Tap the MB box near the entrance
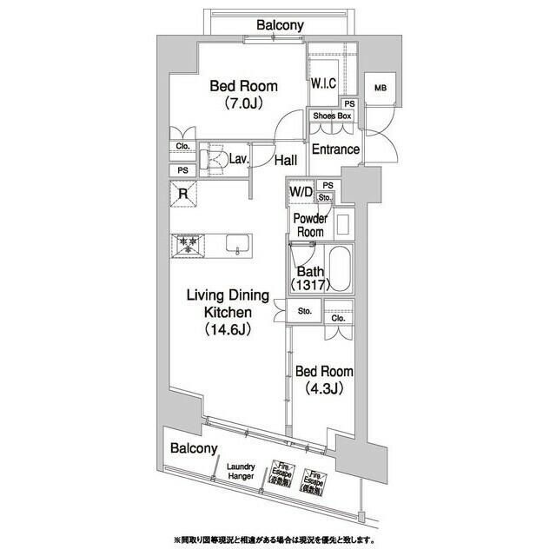(380, 89)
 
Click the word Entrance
(335, 149)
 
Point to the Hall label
(286, 161)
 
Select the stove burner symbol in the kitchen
(186, 245)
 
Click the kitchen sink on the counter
(236, 245)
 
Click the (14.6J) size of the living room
(229, 329)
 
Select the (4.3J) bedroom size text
(323, 387)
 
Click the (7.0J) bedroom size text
(244, 103)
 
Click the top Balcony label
(280, 25)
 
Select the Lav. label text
(240, 159)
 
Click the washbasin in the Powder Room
(343, 225)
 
